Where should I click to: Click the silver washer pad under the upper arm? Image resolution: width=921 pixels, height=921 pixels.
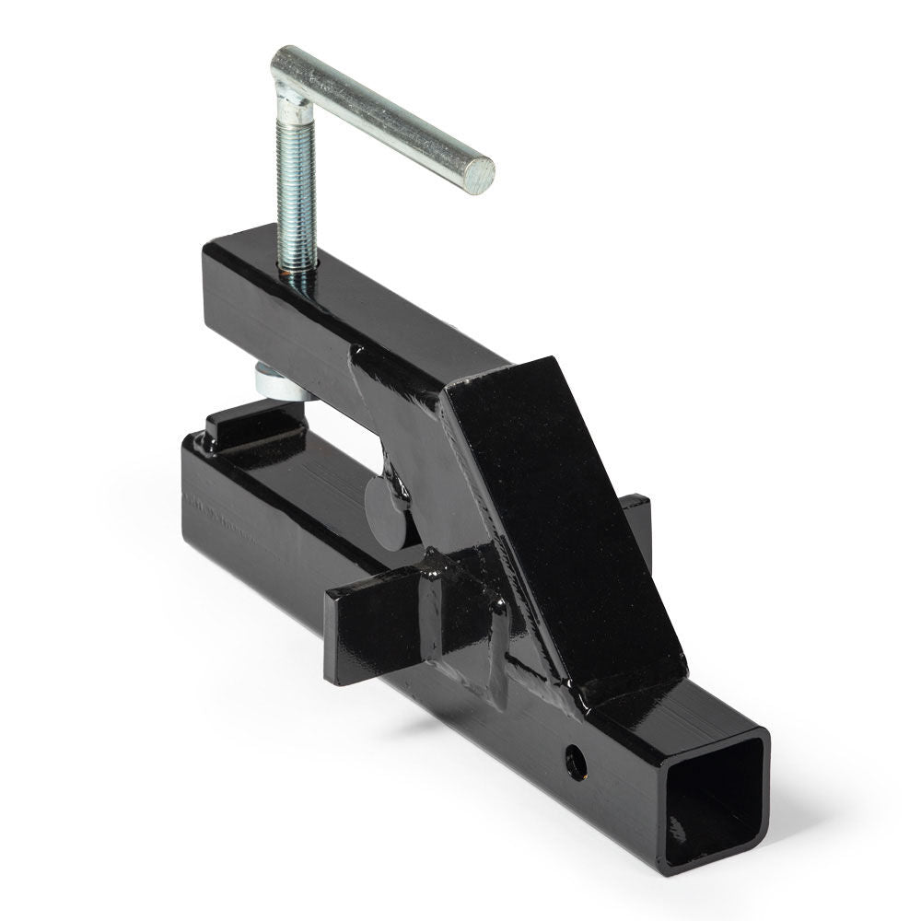point(276,379)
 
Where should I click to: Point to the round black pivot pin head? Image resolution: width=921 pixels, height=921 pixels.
point(385,502)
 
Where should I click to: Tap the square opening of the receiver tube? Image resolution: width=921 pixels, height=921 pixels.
point(715,801)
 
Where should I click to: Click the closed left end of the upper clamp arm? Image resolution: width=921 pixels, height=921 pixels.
point(214,295)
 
